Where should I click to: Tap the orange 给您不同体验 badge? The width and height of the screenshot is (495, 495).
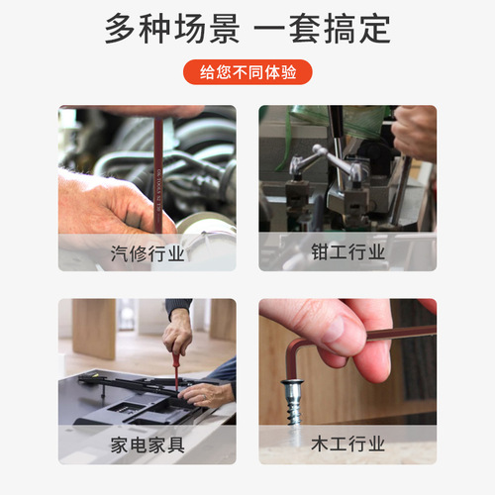click(x=247, y=72)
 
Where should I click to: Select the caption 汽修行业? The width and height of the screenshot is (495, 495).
click(x=148, y=253)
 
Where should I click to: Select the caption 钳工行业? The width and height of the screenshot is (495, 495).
click(x=347, y=252)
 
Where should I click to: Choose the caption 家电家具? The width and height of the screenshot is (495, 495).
click(x=148, y=445)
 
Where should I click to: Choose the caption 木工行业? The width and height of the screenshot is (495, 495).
click(x=347, y=445)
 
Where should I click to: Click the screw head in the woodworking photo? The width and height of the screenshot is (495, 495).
click(x=292, y=383)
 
